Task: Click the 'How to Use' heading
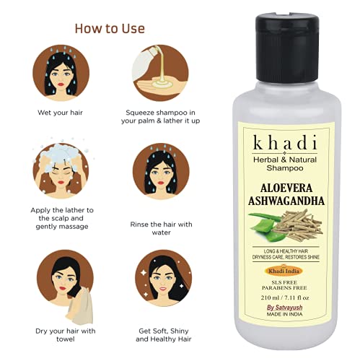[110, 28]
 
